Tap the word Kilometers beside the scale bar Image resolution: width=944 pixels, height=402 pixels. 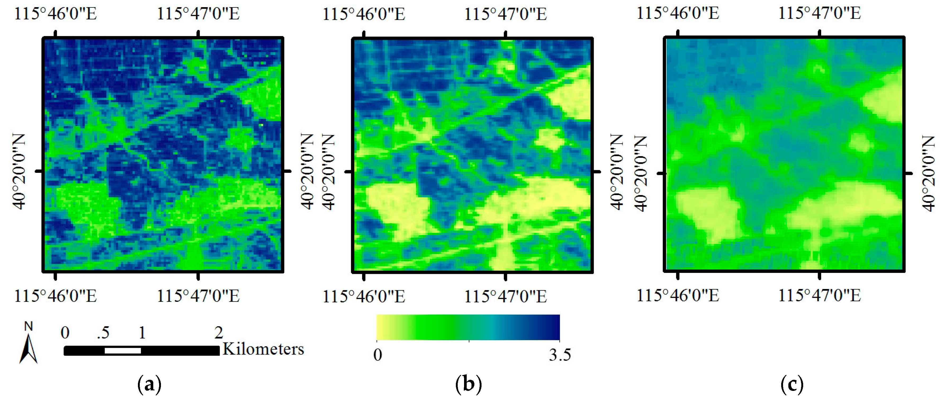(263, 349)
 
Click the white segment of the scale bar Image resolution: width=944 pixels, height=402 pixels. (122, 351)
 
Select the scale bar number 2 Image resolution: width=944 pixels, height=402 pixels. (218, 333)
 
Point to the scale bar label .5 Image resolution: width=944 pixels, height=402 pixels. (103, 333)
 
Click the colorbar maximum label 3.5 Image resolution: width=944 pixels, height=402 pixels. (560, 355)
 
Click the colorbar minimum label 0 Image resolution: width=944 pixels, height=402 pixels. (377, 355)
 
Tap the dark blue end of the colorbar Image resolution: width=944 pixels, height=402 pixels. (553, 327)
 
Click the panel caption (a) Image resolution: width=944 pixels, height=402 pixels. (149, 385)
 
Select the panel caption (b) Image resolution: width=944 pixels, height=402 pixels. (468, 385)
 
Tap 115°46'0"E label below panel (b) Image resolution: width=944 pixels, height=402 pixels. (363, 296)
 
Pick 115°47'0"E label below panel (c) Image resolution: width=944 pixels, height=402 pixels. (819, 295)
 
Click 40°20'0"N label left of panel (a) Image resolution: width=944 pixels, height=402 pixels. (19, 171)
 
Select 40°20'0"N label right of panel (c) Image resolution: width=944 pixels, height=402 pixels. (928, 173)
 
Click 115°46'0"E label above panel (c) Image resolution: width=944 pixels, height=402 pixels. (678, 13)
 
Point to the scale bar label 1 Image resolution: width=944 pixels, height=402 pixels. (142, 333)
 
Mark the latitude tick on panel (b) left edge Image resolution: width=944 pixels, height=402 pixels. (348, 171)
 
